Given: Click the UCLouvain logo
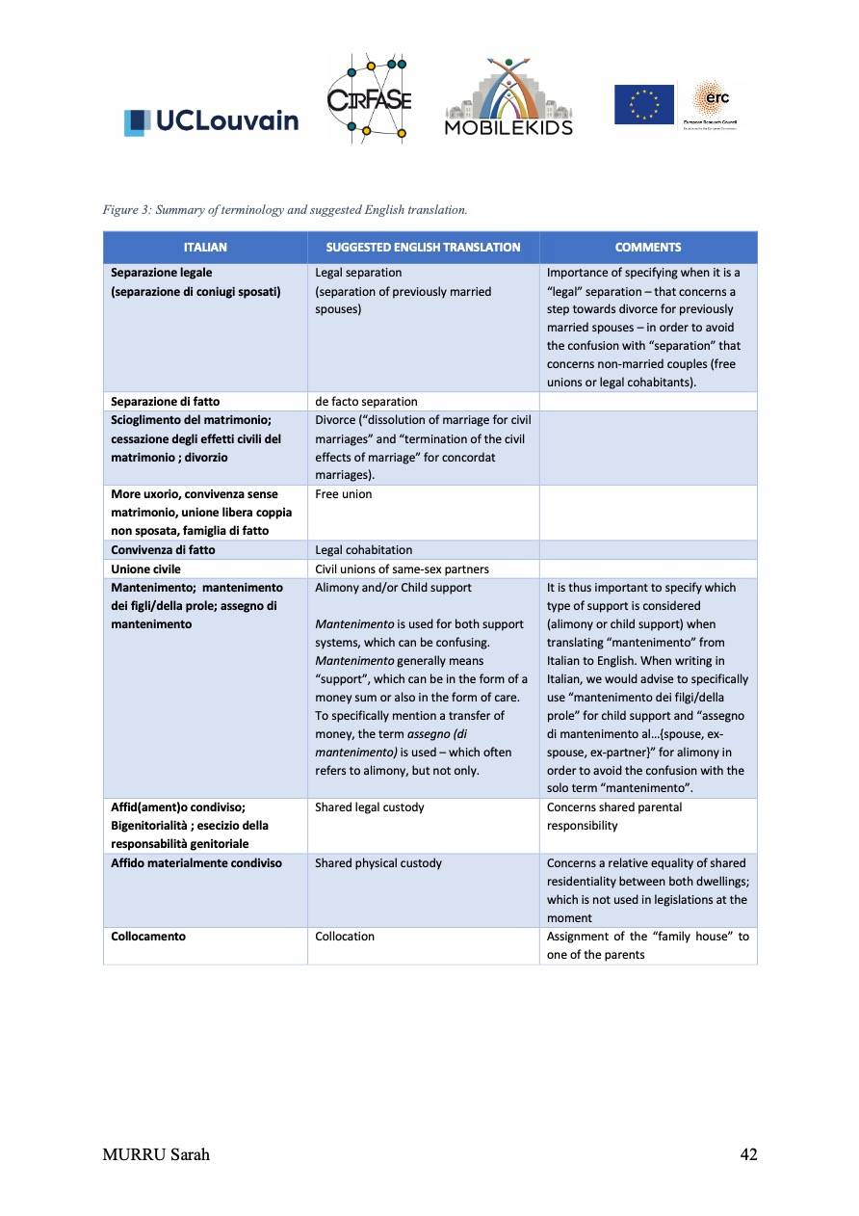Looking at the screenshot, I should tap(211, 120).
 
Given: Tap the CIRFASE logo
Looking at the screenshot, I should tap(370, 100).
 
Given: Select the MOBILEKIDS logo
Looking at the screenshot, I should tap(508, 96).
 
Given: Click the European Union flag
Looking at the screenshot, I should tap(644, 104).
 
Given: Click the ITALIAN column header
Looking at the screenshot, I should tap(205, 248).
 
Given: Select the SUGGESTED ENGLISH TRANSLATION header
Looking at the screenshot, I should tap(423, 248).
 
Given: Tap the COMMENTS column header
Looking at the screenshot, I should tap(648, 248).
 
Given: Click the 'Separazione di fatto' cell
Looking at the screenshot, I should tap(166, 401).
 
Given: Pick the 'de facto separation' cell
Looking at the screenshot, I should tap(367, 401).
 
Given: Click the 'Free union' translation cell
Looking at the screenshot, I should tap(344, 494).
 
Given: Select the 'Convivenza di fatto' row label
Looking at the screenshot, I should tap(163, 549).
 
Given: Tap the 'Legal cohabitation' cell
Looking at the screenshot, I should tap(364, 549).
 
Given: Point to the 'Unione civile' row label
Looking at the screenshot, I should tap(146, 568).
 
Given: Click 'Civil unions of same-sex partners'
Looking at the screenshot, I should tap(402, 568).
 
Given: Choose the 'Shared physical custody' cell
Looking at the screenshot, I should tap(378, 863).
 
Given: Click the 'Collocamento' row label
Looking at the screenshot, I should tap(148, 937).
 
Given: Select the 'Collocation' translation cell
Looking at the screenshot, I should tap(345, 937).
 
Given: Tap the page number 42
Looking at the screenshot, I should tap(748, 1154).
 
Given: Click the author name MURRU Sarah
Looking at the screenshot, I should tap(156, 1154).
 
